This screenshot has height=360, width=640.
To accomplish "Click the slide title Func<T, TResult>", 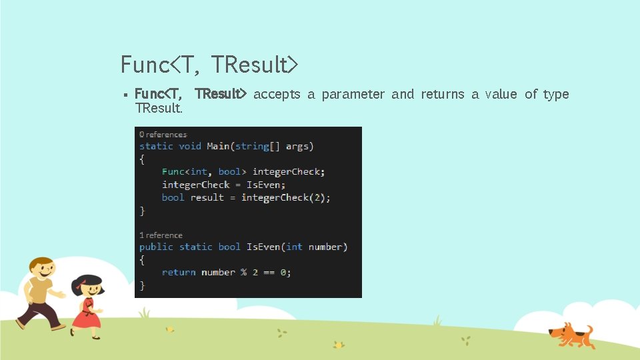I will coord(209,65).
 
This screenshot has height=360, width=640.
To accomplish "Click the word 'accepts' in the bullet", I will coord(277,95).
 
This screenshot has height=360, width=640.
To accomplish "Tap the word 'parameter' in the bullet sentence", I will coord(353,95).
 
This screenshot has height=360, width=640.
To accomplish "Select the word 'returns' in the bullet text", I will coord(442,95).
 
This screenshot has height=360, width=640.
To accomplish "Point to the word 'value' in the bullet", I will coord(501,95).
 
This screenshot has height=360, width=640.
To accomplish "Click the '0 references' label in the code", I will coord(163,135).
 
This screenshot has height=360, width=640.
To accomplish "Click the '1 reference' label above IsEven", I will coord(161,235).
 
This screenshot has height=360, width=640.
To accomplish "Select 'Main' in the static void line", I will coord(218,146).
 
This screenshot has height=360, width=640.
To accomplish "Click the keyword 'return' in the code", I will coord(179,272).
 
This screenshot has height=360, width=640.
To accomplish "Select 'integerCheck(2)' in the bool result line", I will coord(285,197).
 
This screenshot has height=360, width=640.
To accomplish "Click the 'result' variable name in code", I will coord(207,197).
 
